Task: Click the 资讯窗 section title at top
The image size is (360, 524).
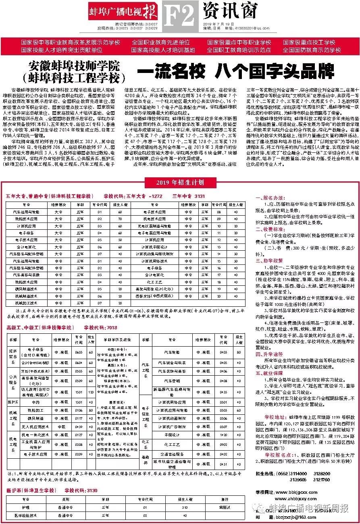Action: coord(230,11)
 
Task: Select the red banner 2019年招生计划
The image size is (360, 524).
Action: coord(180,182)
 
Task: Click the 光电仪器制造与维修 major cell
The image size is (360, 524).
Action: coord(154,226)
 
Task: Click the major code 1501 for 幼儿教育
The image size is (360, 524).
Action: coord(79,392)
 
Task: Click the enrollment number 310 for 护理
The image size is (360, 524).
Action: coord(185,506)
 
